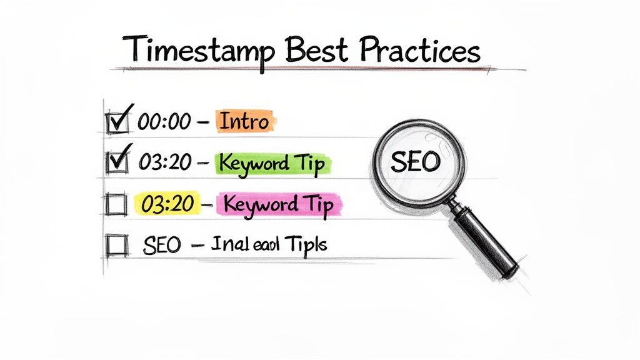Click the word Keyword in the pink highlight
[260, 204]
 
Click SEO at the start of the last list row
[161, 245]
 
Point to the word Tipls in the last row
[306, 244]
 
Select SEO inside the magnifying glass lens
[415, 162]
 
